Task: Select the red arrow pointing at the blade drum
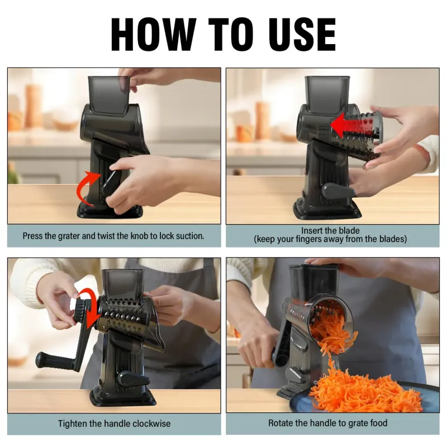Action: tap(352, 125)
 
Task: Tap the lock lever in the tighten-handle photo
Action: tap(133, 379)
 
